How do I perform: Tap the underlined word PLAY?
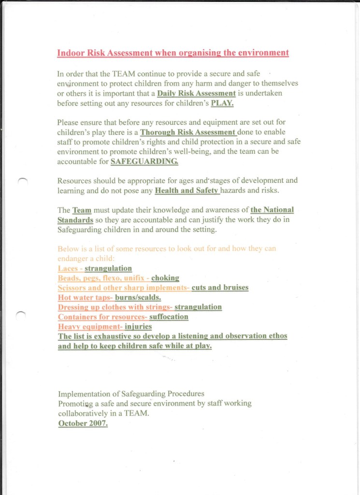point(222,103)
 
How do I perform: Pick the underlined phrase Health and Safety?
point(187,190)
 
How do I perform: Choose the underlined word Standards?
point(75,219)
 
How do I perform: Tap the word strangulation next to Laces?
point(108,268)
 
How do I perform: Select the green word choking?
point(165,278)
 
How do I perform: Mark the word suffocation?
point(169,317)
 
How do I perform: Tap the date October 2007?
point(83,423)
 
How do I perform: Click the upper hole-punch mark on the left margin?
point(22,180)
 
